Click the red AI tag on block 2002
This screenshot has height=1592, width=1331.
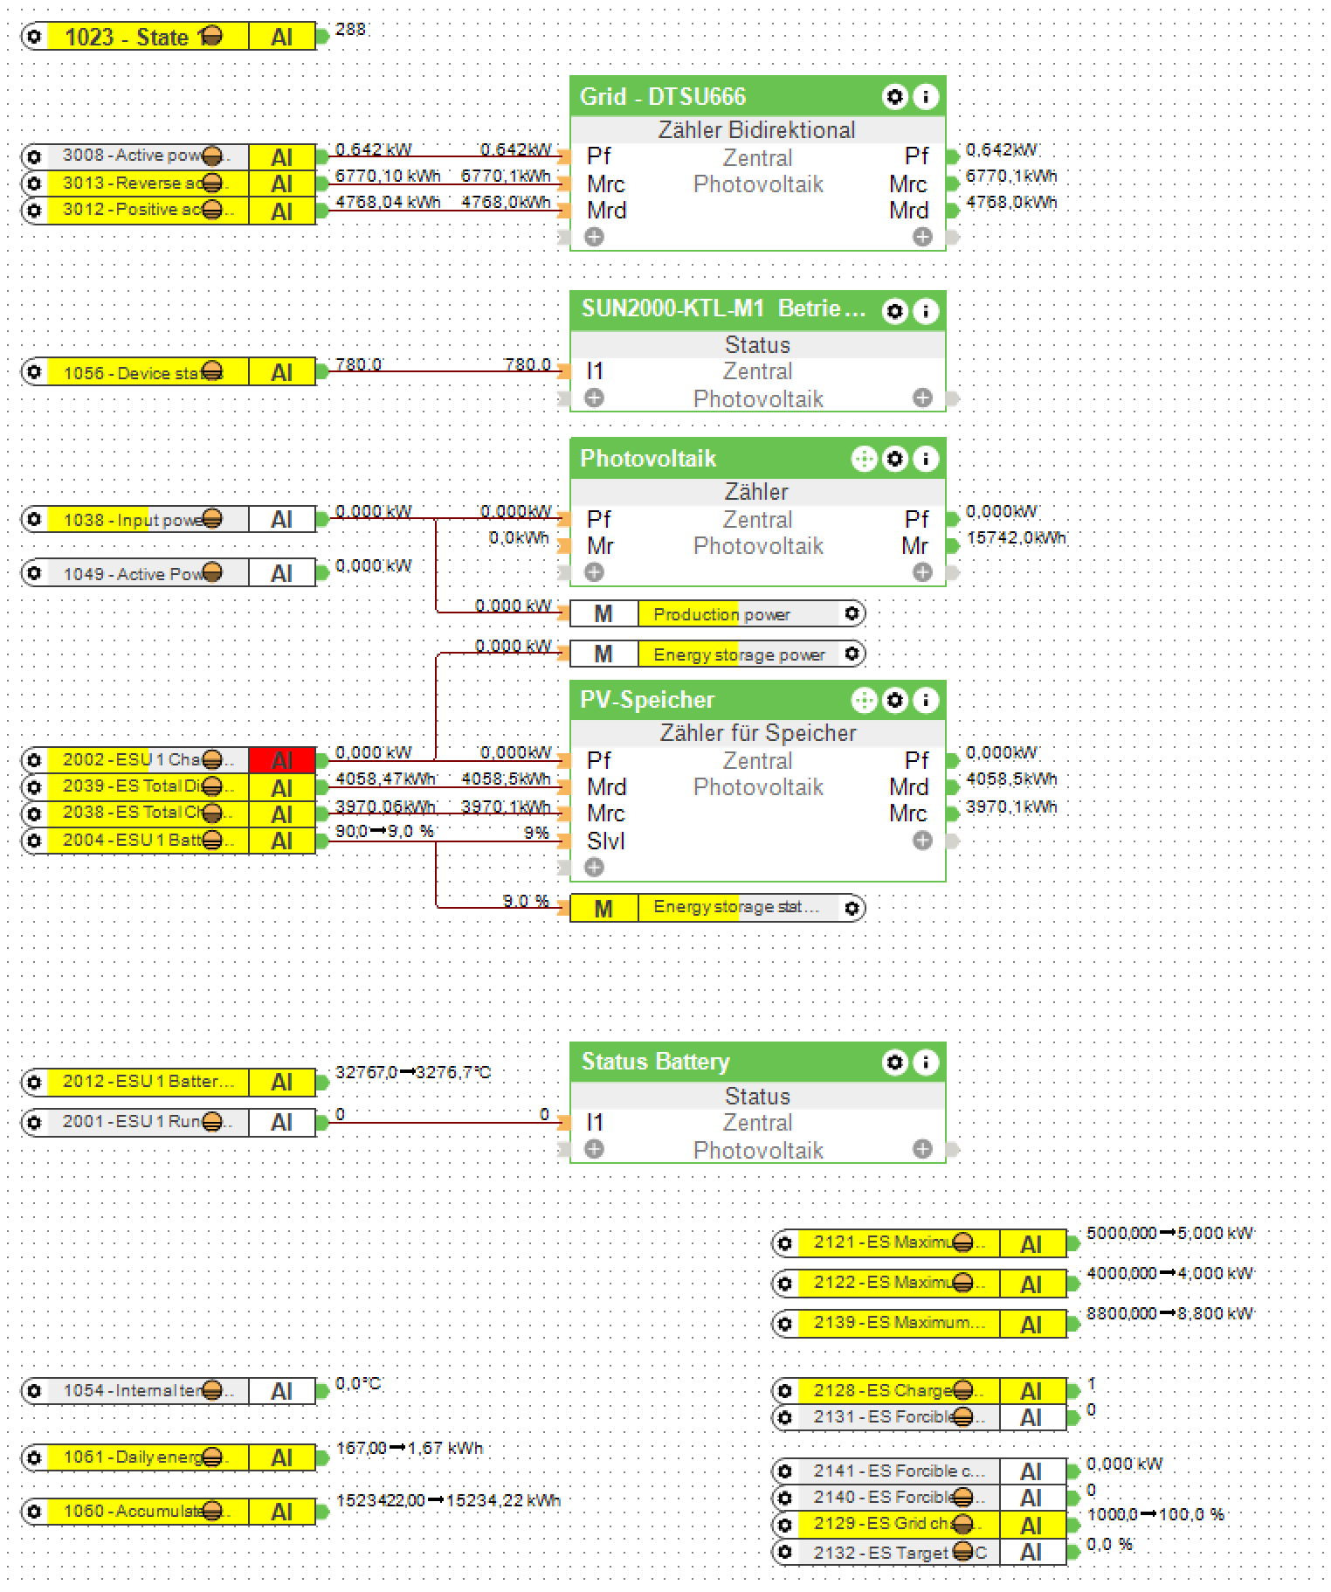(x=281, y=760)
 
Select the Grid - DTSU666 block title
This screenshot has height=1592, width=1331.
(x=663, y=97)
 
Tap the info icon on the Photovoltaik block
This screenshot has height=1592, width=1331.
(x=926, y=459)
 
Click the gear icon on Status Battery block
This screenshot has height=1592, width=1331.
(x=895, y=1062)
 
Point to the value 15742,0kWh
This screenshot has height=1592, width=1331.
(x=1016, y=538)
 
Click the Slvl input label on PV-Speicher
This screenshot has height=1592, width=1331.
(x=605, y=841)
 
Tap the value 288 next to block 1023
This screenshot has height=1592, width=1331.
(x=350, y=30)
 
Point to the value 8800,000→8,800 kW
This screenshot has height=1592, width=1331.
(x=1169, y=1313)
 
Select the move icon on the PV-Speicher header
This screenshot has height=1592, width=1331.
(x=864, y=700)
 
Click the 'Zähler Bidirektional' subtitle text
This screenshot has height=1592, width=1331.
(x=756, y=130)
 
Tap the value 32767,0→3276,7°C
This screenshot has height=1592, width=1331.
(x=413, y=1072)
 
